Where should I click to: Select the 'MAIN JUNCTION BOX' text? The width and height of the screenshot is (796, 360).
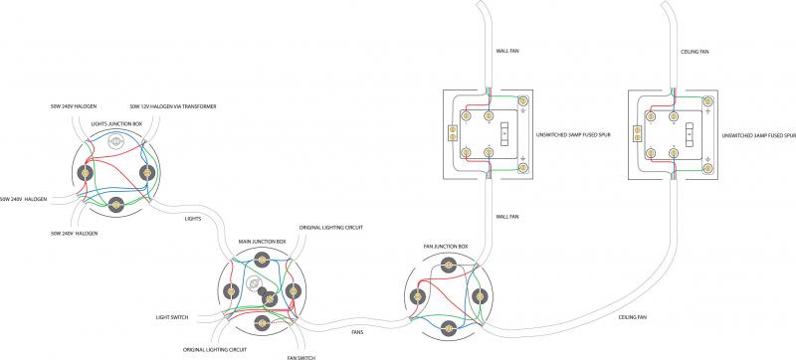pos(263,241)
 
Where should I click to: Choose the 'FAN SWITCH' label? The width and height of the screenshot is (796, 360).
pos(301,356)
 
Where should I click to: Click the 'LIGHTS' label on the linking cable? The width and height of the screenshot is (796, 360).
pos(196,219)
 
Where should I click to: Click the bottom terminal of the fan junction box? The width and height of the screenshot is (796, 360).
pos(446,322)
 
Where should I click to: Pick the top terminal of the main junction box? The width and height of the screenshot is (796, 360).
pos(263,262)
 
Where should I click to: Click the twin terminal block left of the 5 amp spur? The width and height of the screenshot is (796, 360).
pos(454,130)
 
